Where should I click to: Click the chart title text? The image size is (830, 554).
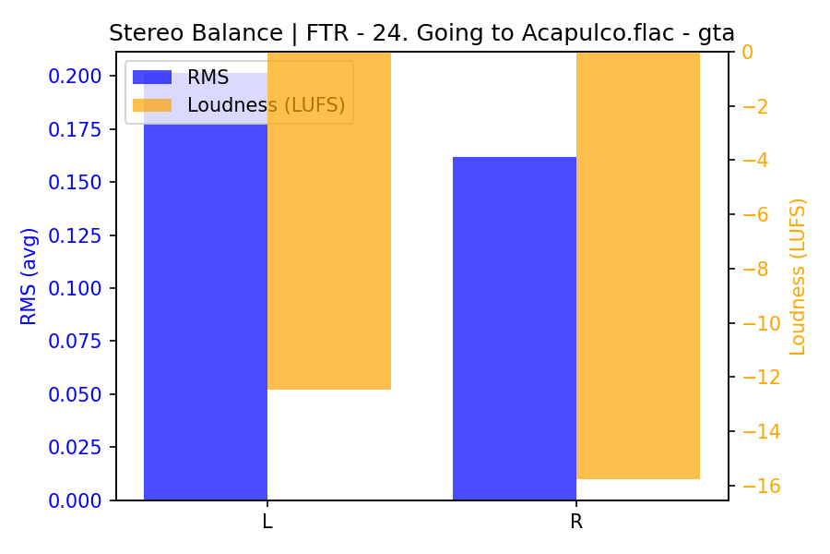point(421,33)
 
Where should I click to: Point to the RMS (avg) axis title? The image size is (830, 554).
point(30,276)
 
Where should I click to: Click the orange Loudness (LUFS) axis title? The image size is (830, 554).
point(798,276)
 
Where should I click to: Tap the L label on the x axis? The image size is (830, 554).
point(267,522)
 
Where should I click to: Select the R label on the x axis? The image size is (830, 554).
point(576,522)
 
